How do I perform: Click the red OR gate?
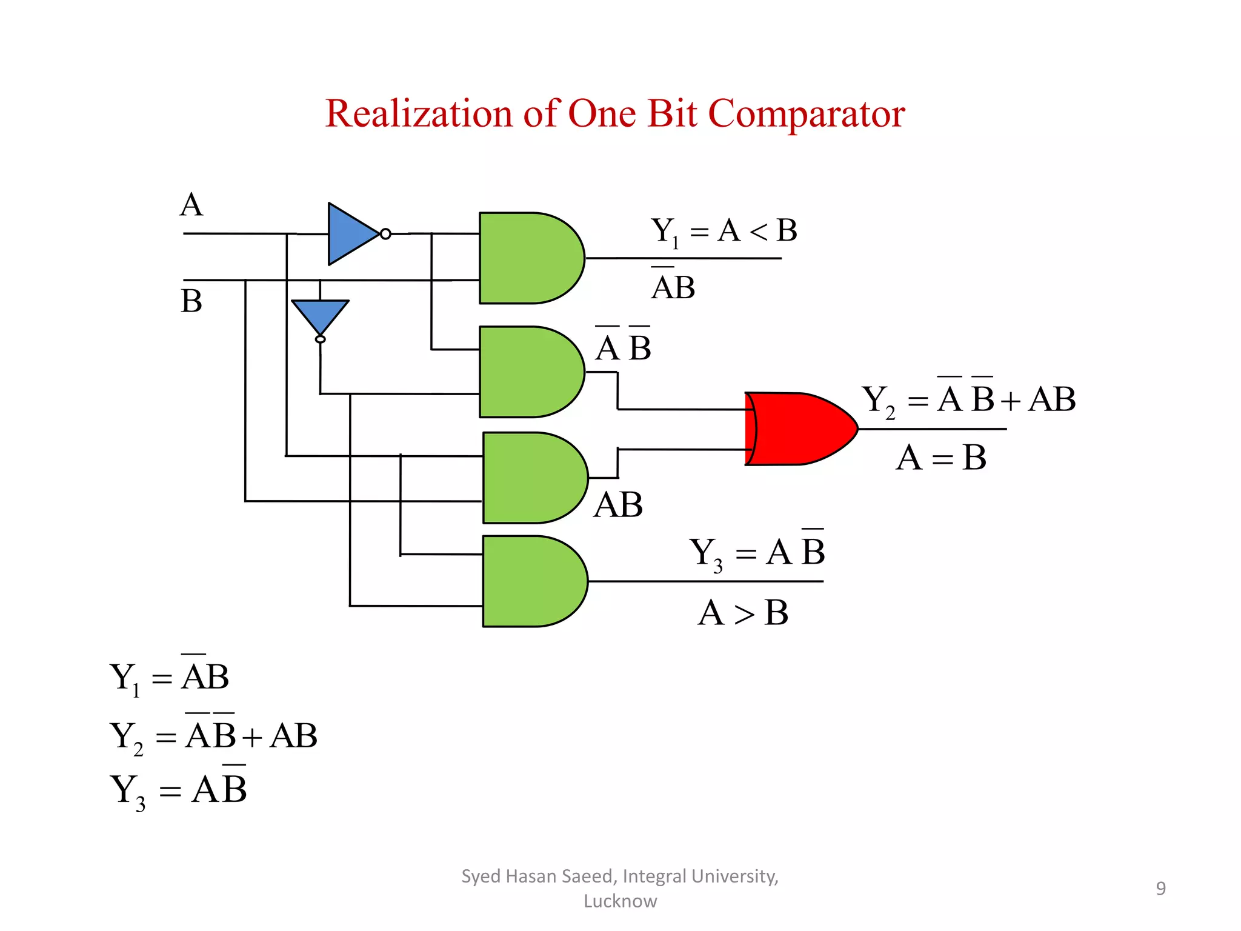click(797, 429)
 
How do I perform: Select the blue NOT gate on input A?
click(350, 234)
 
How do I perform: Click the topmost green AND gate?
click(527, 258)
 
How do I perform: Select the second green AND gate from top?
click(527, 372)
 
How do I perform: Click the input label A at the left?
click(191, 205)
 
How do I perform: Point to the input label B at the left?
click(191, 301)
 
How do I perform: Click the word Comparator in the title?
click(806, 113)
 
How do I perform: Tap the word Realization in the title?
click(419, 113)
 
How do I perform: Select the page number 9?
click(1160, 889)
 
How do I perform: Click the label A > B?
click(743, 613)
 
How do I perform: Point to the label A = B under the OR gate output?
click(940, 458)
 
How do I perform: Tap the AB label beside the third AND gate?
click(618, 505)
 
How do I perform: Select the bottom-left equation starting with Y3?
click(179, 790)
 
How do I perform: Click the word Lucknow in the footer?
click(620, 901)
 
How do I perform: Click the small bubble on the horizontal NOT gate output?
click(385, 234)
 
